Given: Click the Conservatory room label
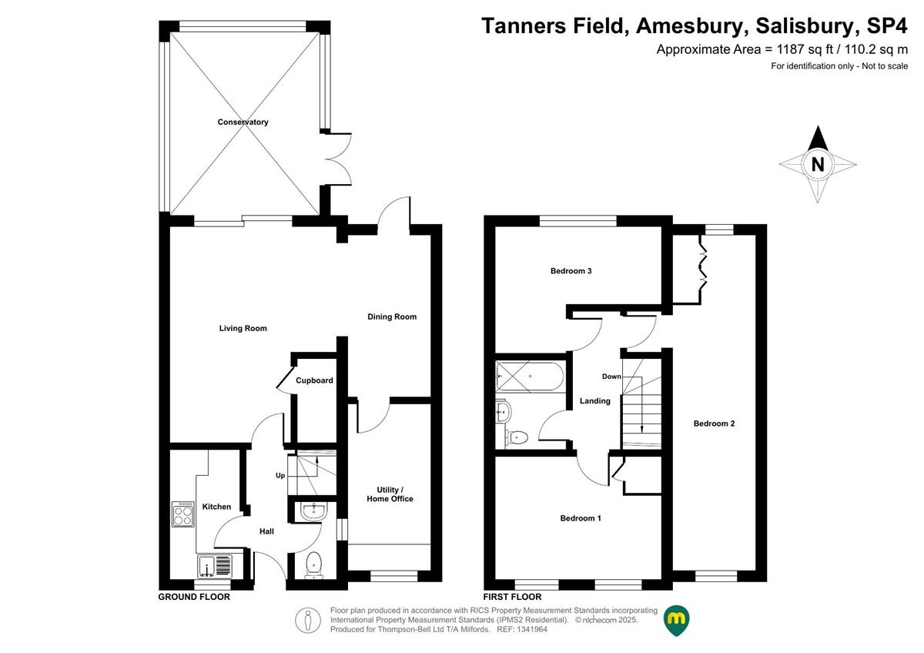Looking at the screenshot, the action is click(x=243, y=122).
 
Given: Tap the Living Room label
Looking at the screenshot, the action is click(x=243, y=328).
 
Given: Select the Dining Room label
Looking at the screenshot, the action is click(x=392, y=316).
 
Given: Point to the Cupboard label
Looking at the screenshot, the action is click(x=314, y=380).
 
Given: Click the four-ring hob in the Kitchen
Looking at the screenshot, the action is click(x=182, y=514).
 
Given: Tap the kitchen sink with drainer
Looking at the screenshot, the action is click(x=215, y=566).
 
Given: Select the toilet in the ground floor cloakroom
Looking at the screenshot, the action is click(x=314, y=564).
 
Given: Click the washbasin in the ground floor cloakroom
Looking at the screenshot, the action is click(x=314, y=512).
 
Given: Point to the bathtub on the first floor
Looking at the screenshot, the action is click(x=530, y=377).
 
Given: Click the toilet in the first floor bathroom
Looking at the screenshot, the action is click(x=517, y=437).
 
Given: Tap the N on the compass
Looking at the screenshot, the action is click(x=818, y=165).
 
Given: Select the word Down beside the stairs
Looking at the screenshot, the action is click(x=611, y=377).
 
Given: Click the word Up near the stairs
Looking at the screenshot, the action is click(x=280, y=476).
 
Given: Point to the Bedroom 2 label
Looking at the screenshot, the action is click(x=714, y=424).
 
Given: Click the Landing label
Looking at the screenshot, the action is click(x=594, y=401).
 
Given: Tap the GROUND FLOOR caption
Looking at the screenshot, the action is click(x=194, y=597).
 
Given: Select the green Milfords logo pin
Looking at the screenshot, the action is click(x=676, y=621).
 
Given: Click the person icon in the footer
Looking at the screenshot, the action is click(x=308, y=621).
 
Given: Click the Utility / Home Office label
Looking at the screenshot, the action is click(x=390, y=494).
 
